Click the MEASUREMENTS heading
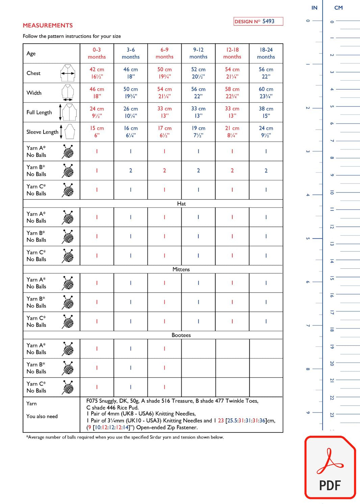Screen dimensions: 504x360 [48, 25]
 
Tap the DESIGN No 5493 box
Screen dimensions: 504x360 [258, 21]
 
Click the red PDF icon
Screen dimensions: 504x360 [330, 468]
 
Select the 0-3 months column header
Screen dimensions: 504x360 [97, 53]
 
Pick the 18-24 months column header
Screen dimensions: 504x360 [266, 53]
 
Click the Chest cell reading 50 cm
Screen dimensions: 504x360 [164, 73]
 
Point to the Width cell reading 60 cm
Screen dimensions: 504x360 [266, 92]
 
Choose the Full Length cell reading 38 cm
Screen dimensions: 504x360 [266, 112]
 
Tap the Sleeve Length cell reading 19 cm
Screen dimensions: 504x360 [198, 132]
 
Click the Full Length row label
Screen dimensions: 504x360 [39, 112]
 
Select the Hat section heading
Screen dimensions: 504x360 [181, 204]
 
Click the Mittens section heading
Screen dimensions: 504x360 [181, 269]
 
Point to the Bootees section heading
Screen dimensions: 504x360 [181, 335]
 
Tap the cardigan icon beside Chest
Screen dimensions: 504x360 [68, 73]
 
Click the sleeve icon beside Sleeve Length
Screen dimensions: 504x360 [70, 132]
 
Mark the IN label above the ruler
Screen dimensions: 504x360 [314, 8]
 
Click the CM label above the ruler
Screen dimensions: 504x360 [338, 8]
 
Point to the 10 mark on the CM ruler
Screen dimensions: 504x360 [332, 192]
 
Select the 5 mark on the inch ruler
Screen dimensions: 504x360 [308, 238]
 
